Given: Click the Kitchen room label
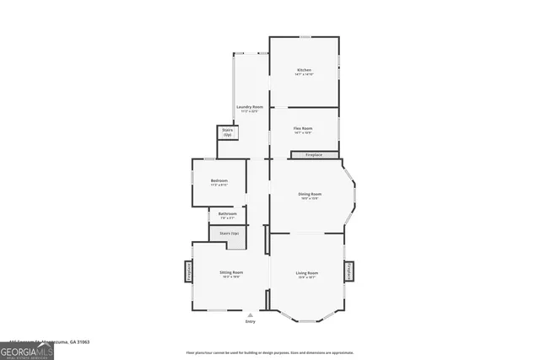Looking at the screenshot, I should tap(304, 69).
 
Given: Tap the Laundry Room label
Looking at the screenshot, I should tap(249, 107).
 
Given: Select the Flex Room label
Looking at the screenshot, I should tap(303, 128).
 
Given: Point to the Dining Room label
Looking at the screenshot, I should tap(310, 194).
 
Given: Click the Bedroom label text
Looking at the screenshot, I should tap(219, 180).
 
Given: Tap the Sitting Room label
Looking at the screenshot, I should tap(231, 272).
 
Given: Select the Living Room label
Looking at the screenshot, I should tap(306, 272).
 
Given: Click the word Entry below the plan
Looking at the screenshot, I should tap(250, 321).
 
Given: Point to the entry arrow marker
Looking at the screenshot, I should tap(250, 314).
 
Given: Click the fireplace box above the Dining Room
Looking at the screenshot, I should tap(315, 155).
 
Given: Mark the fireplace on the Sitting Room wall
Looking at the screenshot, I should tap(189, 271).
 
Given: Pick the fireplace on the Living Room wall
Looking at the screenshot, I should tap(348, 271).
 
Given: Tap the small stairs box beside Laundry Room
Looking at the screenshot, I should tap(227, 132).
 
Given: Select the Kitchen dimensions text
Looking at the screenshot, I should tap(304, 74).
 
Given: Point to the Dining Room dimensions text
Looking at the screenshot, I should tap(310, 199).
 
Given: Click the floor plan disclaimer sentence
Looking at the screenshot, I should tap(269, 352).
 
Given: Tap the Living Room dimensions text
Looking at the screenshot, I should tap(306, 277).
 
